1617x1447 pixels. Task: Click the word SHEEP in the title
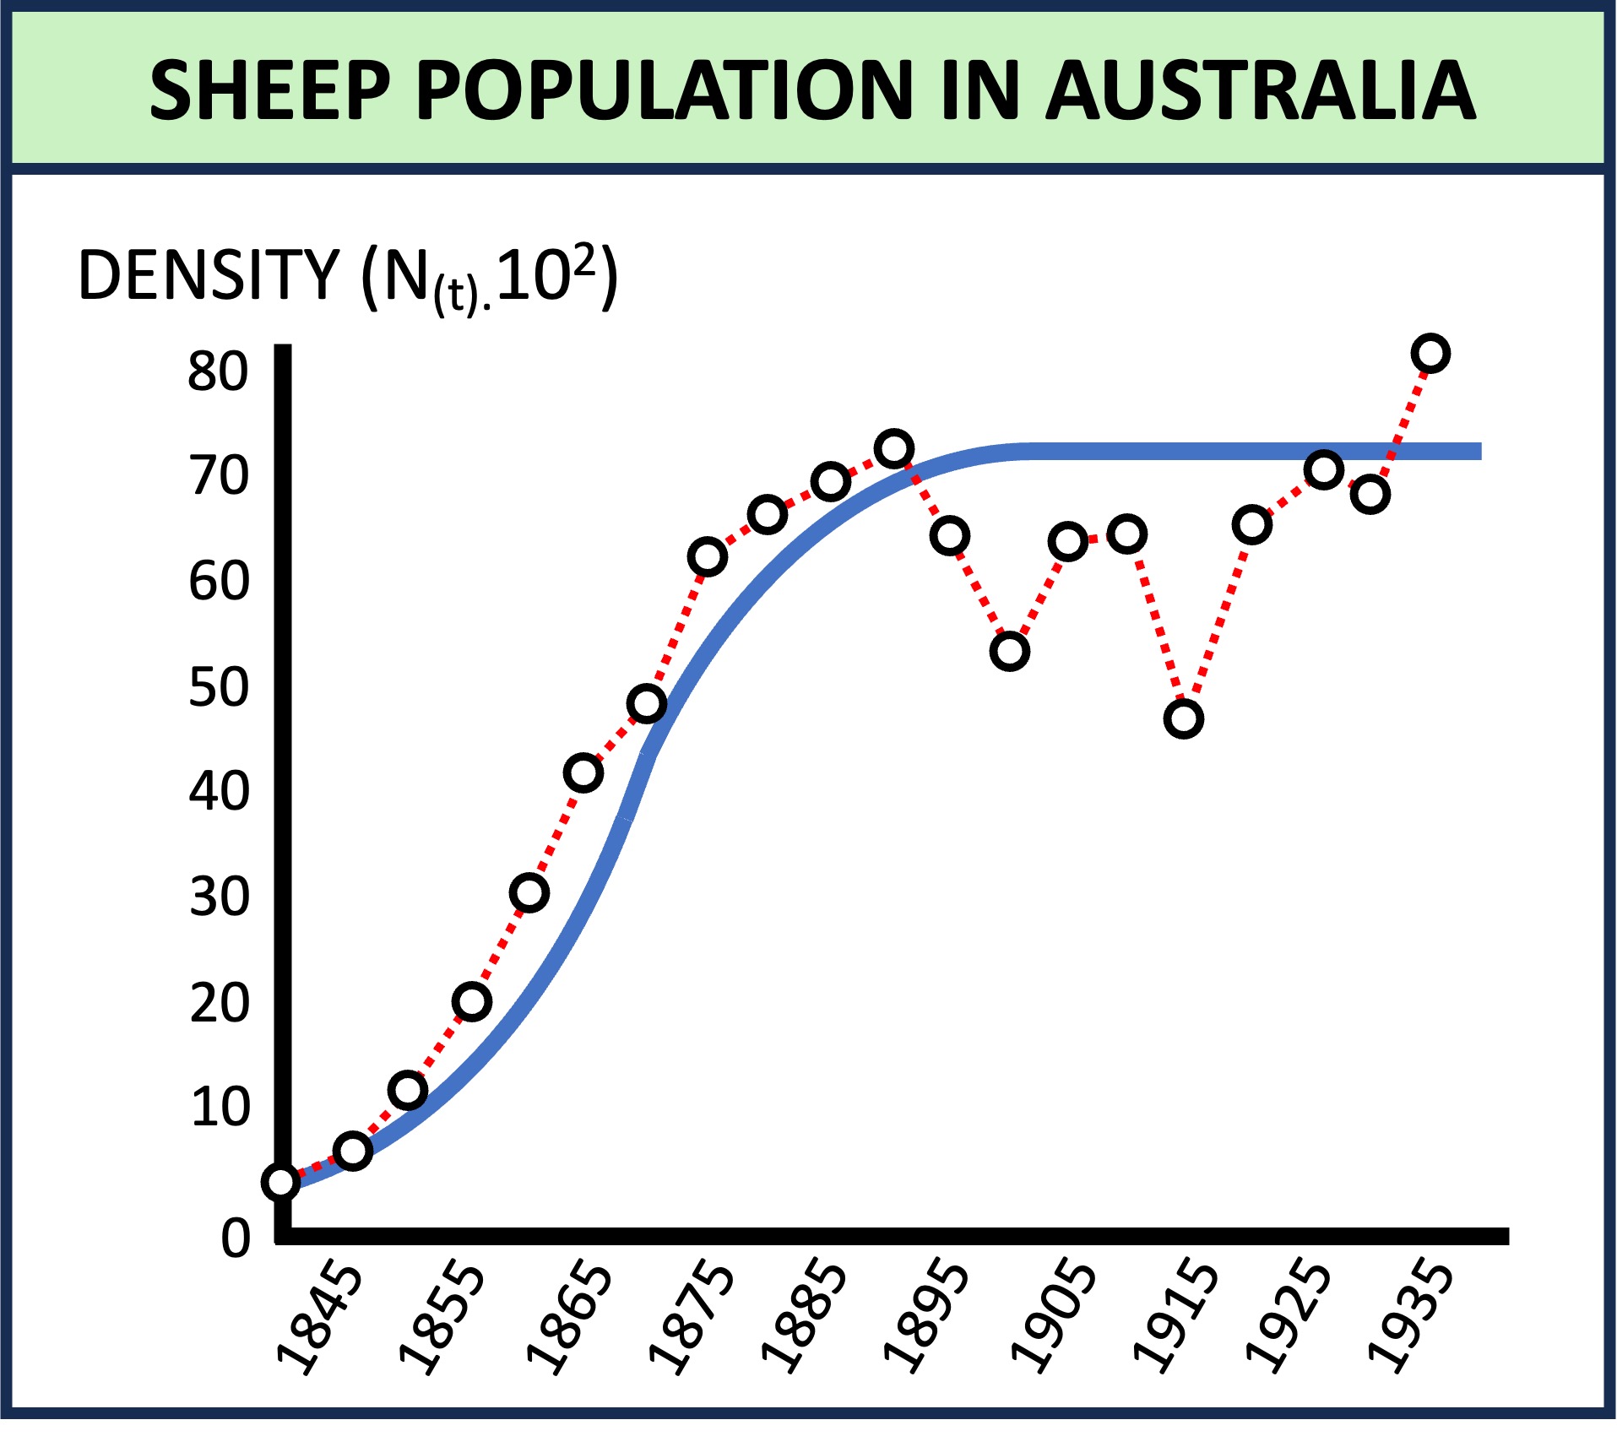269,90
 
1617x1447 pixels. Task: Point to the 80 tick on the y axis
218,371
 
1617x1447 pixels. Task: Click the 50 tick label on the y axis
219,687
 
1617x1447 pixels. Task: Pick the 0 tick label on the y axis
236,1238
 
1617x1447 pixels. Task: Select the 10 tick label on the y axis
220,1108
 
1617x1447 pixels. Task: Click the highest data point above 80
1430,353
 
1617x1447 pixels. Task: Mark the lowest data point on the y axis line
281,1182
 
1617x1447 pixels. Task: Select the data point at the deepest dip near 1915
1183,718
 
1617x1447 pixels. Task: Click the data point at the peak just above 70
893,448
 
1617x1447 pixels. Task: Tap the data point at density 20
471,1001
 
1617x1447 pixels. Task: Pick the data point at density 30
529,892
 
